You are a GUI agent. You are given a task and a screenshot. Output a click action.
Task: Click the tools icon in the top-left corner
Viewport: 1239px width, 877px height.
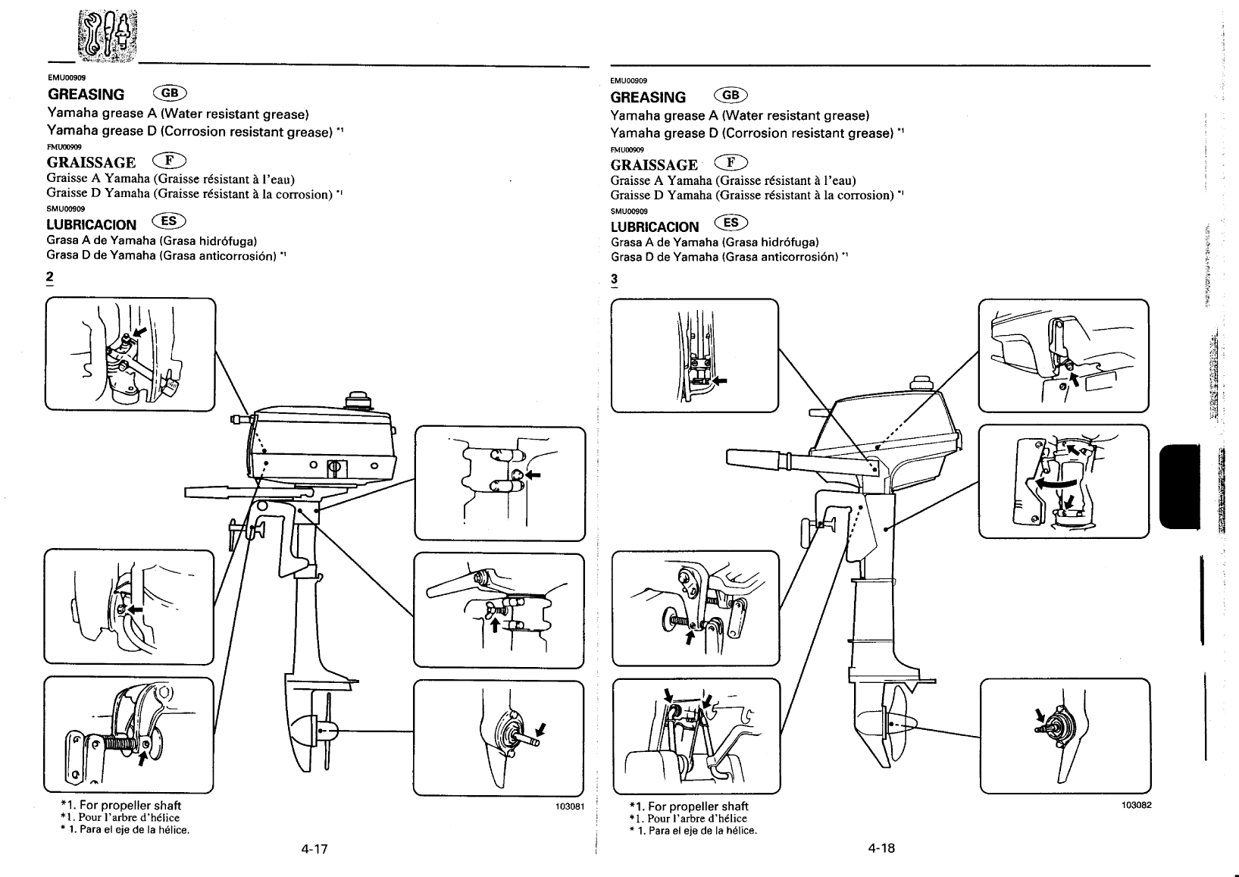coord(108,35)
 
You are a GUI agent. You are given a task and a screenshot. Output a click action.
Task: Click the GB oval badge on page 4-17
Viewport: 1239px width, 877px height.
coord(170,93)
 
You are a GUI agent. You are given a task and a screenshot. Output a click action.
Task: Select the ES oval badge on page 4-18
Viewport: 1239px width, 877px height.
coord(731,222)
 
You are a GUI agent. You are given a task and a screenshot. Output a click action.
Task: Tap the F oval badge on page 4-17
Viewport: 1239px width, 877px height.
coord(169,161)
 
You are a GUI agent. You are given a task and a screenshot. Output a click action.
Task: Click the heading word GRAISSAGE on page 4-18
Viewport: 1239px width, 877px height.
coord(654,165)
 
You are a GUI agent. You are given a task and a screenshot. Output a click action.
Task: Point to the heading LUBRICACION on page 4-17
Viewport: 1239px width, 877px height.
coord(91,224)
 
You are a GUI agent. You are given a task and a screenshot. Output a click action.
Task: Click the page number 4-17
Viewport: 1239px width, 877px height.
coord(314,849)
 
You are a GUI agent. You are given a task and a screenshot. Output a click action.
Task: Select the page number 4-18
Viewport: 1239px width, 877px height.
coord(881,847)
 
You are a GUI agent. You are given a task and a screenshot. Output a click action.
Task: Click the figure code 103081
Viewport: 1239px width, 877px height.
coord(570,807)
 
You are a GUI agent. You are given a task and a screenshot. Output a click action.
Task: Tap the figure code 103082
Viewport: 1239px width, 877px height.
coord(1137,805)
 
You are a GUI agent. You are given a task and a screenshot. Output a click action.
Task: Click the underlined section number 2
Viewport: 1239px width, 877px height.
coord(50,277)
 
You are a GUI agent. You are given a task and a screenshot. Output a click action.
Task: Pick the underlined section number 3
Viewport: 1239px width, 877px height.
coord(614,280)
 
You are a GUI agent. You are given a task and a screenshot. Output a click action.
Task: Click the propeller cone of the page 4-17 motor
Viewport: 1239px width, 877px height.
coord(303,731)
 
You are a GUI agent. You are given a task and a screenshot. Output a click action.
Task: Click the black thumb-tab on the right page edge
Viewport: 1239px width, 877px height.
coord(1180,487)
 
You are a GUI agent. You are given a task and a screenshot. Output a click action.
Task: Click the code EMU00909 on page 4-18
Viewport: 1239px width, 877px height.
coord(628,81)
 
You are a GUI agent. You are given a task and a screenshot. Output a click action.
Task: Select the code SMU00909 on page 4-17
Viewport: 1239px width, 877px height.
coord(66,208)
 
